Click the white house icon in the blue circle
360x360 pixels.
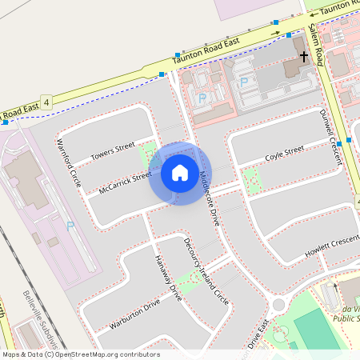pyautogui.click(x=180, y=172)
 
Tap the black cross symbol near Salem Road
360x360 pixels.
pyautogui.click(x=304, y=57)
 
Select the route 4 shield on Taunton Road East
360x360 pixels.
pyautogui.click(x=47, y=103)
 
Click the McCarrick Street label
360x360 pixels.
pyautogui.click(x=125, y=183)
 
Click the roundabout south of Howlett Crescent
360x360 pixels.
pyautogui.click(x=279, y=304)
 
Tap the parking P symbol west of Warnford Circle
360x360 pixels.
pyautogui.click(x=70, y=227)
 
